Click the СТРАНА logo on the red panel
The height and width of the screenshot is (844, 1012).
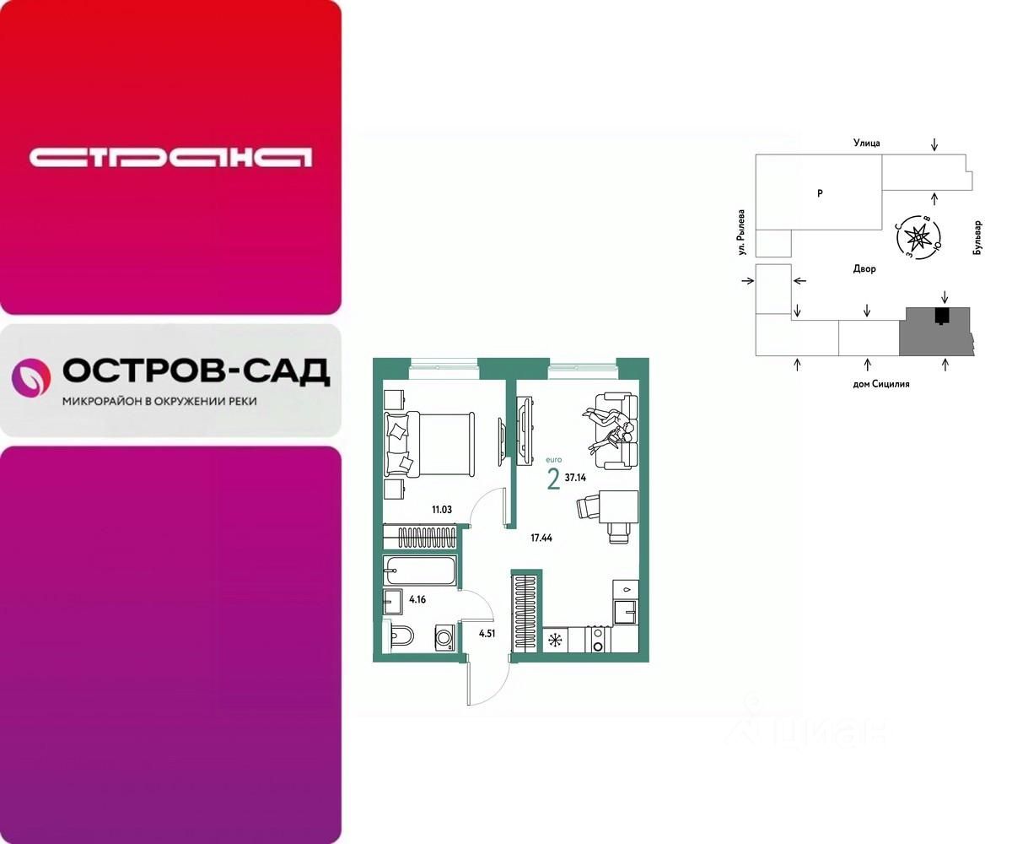tap(170, 157)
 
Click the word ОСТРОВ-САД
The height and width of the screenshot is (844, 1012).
tap(196, 371)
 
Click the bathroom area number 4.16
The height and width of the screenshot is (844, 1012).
tap(417, 601)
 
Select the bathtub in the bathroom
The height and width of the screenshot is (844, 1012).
tap(421, 571)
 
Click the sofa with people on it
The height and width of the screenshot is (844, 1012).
tap(614, 430)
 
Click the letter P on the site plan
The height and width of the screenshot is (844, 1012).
tap(820, 193)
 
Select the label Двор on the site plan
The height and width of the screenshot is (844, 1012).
tap(864, 269)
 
